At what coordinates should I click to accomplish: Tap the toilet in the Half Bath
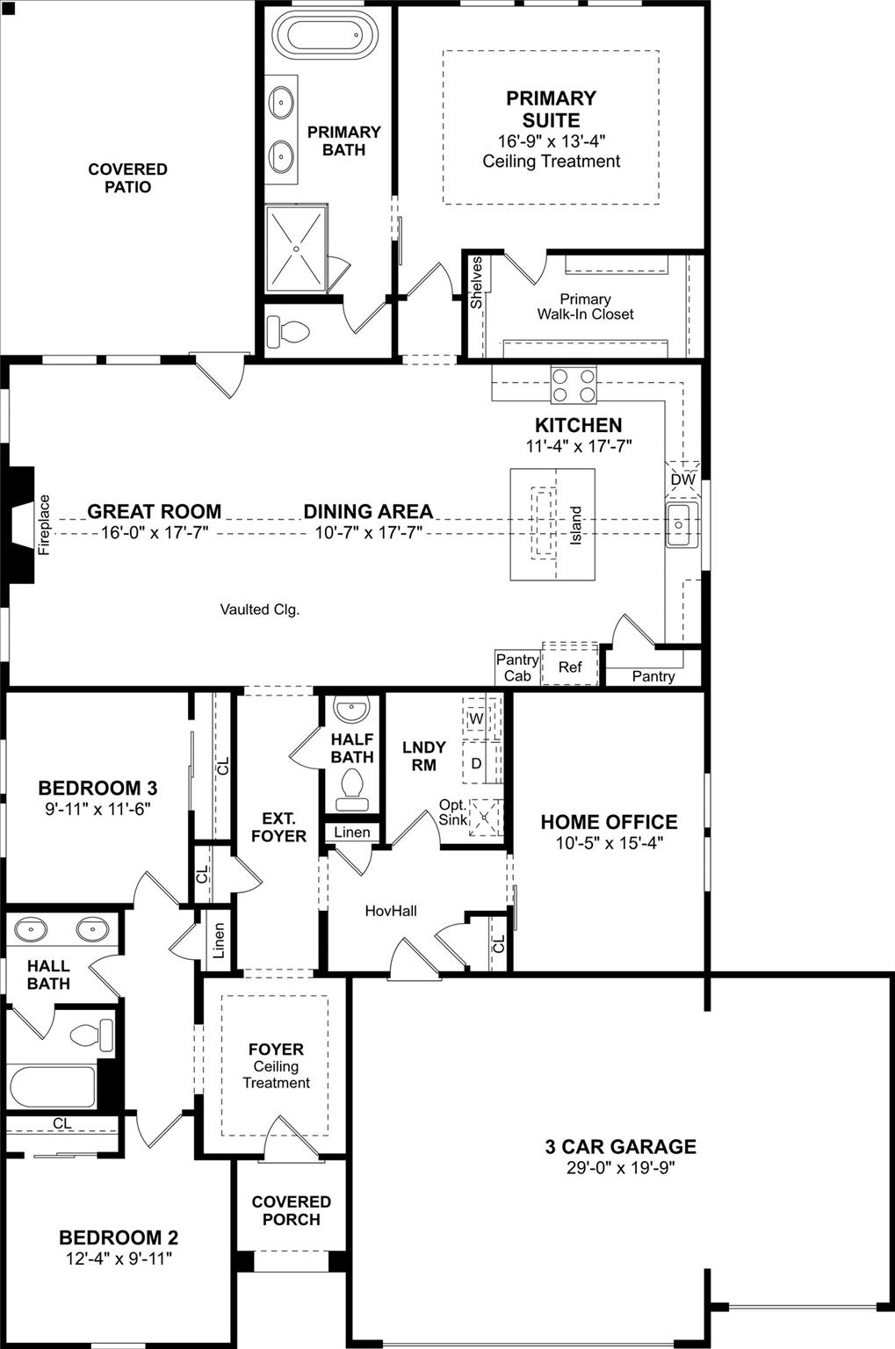pyautogui.click(x=352, y=788)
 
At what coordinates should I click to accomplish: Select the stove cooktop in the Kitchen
pyautogui.click(x=574, y=383)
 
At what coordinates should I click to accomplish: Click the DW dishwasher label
pyautogui.click(x=682, y=480)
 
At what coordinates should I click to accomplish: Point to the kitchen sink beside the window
pyautogui.click(x=681, y=524)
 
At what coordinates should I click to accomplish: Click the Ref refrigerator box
pyautogui.click(x=570, y=667)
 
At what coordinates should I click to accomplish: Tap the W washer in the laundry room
pyautogui.click(x=476, y=718)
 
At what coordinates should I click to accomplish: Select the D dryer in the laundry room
pyautogui.click(x=476, y=763)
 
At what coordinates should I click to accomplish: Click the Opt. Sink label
pyautogui.click(x=453, y=812)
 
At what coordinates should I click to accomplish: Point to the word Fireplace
pyautogui.click(x=45, y=524)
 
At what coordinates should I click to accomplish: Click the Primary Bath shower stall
pyautogui.click(x=297, y=249)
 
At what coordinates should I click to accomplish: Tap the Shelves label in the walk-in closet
pyautogui.click(x=476, y=282)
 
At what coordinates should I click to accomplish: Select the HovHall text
pyautogui.click(x=391, y=911)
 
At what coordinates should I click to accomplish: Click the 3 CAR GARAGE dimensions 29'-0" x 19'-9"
pyautogui.click(x=620, y=1167)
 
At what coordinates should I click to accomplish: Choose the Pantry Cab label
pyautogui.click(x=517, y=667)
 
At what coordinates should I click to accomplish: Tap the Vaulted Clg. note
pyautogui.click(x=260, y=609)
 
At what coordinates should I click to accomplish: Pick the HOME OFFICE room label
pyautogui.click(x=609, y=822)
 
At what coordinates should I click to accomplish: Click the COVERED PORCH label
pyautogui.click(x=291, y=1210)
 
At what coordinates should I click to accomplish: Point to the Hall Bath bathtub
pyautogui.click(x=53, y=1087)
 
